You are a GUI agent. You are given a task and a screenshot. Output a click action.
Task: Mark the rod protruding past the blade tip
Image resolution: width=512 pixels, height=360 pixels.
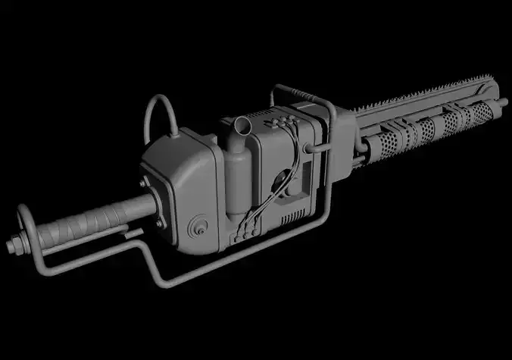tap(501, 102)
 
